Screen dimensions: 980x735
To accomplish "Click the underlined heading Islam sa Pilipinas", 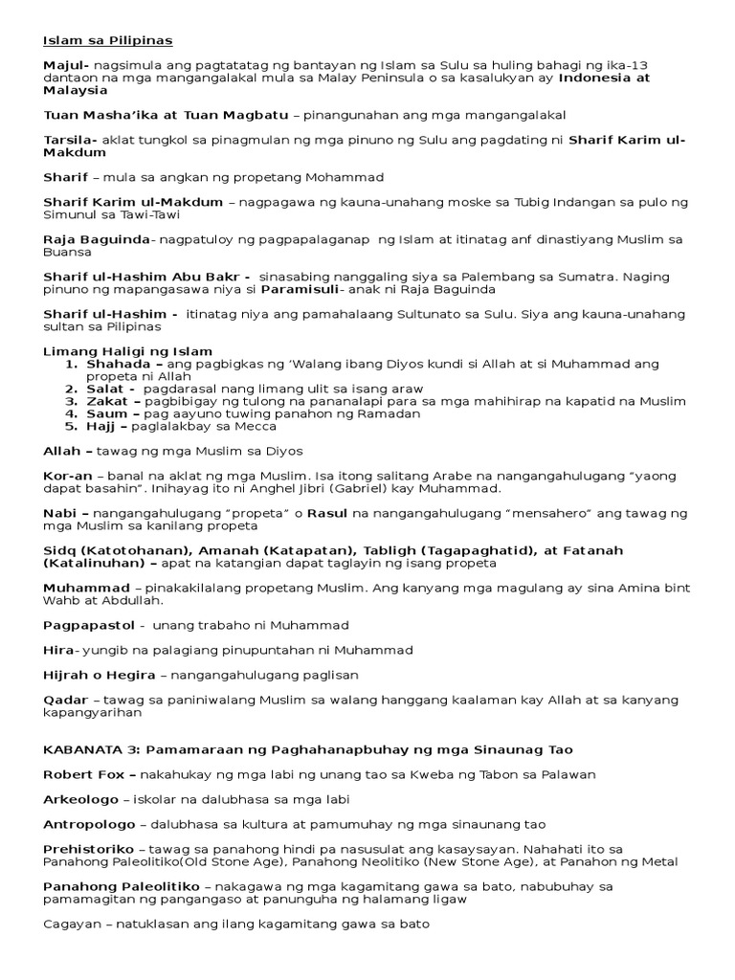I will pos(107,40).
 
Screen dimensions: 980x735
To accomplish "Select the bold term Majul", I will pos(63,63).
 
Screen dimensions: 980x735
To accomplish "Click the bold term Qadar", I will pos(65,700).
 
